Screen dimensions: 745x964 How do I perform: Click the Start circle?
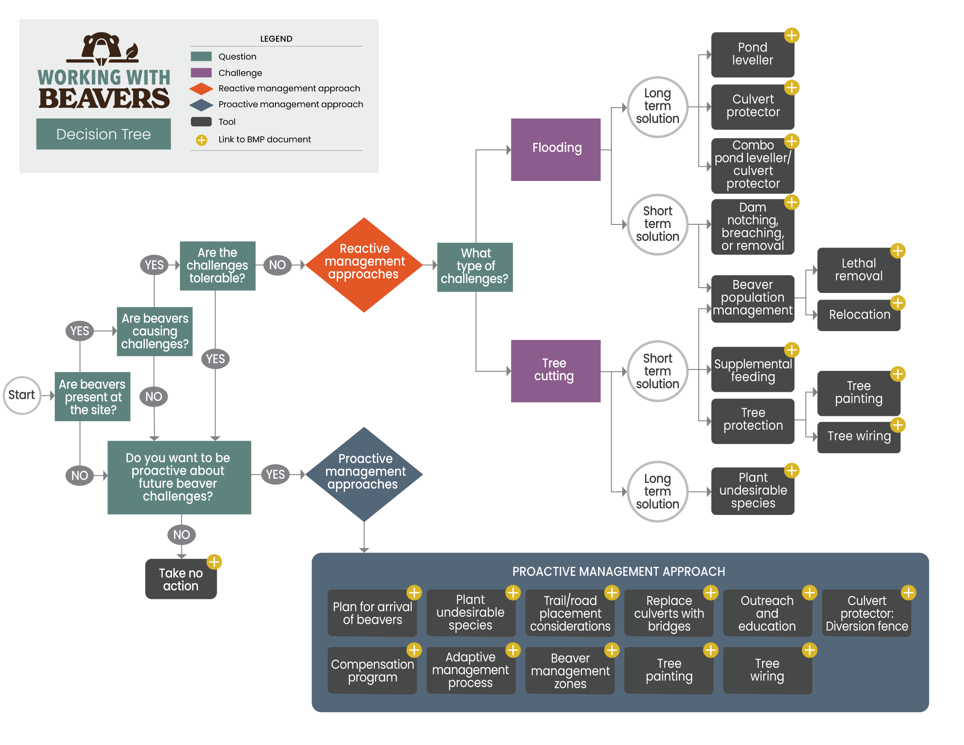click(x=22, y=395)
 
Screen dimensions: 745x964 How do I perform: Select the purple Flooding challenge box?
click(x=555, y=149)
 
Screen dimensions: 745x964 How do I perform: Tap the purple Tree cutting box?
click(x=555, y=371)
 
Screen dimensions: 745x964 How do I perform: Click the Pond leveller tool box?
click(x=752, y=54)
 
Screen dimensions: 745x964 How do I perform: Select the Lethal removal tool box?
click(x=858, y=270)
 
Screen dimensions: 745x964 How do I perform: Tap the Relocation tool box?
click(x=858, y=315)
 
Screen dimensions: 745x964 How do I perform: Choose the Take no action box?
click(x=181, y=579)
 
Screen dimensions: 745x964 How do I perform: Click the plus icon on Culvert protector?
click(x=792, y=87)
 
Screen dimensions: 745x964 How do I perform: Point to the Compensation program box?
click(x=372, y=670)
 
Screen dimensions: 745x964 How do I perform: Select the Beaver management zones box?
click(x=570, y=670)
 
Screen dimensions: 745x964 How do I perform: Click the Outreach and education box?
click(x=767, y=613)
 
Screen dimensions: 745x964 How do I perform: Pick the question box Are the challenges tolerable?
click(x=217, y=265)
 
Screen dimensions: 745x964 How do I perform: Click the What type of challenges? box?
click(x=475, y=267)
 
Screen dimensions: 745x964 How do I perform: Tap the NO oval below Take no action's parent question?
click(x=181, y=534)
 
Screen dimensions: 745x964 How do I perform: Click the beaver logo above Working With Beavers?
click(x=102, y=49)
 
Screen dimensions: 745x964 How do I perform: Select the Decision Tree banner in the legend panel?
click(x=103, y=134)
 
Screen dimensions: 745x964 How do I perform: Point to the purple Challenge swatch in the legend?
click(x=201, y=72)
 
